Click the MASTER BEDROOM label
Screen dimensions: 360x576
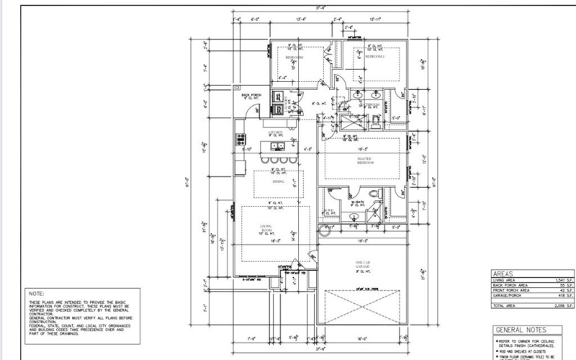click(364, 160)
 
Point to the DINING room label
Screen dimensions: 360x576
click(279, 183)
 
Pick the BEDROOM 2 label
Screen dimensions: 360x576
click(375, 55)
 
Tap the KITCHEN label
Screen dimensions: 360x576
click(275, 133)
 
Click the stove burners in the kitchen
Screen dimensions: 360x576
click(240, 138)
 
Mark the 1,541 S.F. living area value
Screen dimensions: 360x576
click(562, 280)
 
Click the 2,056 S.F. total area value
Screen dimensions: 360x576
click(562, 306)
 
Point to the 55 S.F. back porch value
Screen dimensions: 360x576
click(564, 285)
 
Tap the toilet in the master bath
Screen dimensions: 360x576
click(373, 194)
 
